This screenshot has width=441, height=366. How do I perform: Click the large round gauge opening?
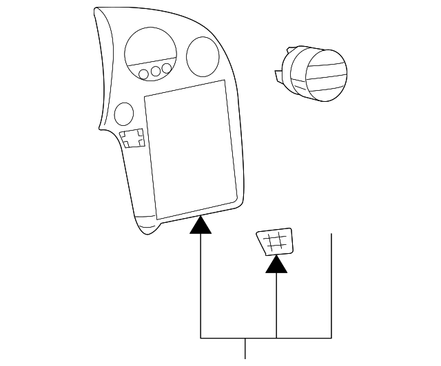150,50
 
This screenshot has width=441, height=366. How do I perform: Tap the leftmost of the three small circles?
143,74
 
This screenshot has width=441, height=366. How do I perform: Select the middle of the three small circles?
155,71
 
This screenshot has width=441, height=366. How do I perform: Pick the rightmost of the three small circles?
167,68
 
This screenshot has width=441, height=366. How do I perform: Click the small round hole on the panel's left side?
124,113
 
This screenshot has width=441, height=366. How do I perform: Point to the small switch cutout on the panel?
132,138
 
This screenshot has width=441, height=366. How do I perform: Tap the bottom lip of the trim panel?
148,226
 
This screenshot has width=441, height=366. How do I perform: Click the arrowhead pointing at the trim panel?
201,225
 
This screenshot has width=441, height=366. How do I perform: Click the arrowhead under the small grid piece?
276,263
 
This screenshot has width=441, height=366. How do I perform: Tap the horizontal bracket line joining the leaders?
266,338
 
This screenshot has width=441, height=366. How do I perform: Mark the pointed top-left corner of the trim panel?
96,9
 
